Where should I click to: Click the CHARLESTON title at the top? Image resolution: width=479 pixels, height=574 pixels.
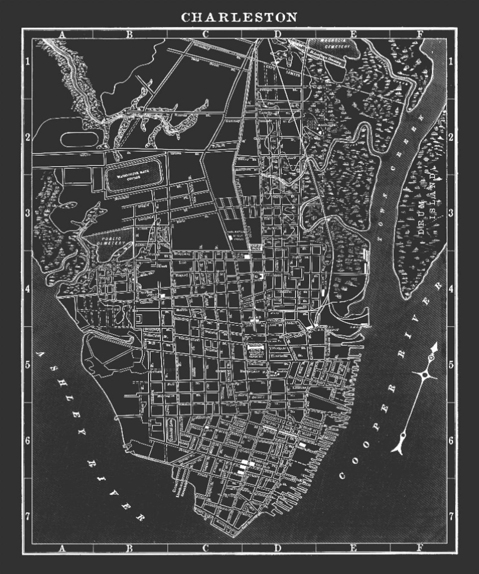[x=239, y=17]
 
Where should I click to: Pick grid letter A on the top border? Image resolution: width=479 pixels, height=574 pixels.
[x=62, y=34]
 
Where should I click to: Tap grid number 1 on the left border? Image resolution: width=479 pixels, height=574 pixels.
[x=27, y=62]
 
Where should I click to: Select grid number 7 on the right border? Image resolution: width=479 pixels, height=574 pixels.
[x=451, y=516]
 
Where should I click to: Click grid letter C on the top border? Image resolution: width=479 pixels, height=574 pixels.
[x=205, y=34]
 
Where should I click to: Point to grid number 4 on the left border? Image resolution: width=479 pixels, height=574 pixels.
[x=27, y=289]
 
